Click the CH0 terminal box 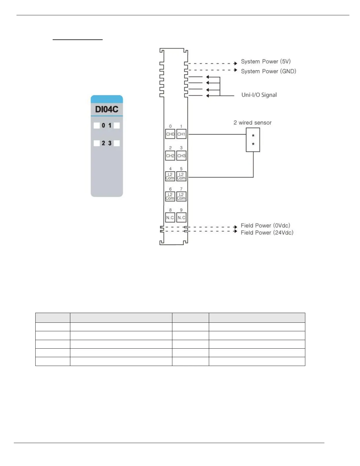170,134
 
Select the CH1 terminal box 181,134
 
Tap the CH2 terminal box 170,156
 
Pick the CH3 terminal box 181,156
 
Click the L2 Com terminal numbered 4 170,177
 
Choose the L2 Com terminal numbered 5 181,177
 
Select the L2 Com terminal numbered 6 170,197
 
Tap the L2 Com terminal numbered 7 181,197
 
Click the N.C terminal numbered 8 170,218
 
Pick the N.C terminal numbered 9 181,218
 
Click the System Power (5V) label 266,61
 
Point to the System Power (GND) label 268,71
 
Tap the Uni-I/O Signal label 259,95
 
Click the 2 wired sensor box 253,140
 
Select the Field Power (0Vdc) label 265,226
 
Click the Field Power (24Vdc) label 267,233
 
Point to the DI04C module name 106,109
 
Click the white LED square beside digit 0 96,126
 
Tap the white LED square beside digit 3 117,143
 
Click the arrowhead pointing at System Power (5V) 236,63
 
